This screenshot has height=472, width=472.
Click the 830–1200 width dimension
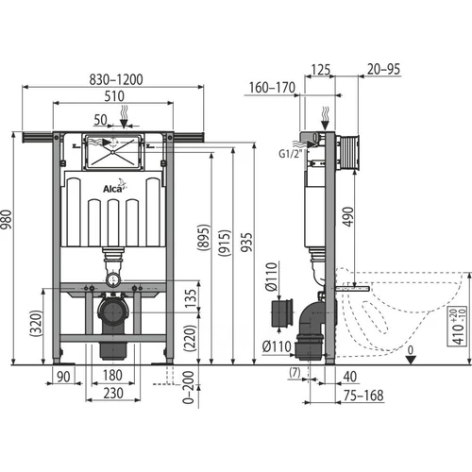116,79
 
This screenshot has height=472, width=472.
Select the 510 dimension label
114,96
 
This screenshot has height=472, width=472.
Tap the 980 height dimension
7,220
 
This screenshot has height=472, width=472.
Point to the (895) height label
204,238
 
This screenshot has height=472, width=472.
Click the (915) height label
225,243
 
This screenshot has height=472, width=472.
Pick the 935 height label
246,243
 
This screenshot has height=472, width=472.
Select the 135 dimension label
191,299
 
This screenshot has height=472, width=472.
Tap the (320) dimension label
36,323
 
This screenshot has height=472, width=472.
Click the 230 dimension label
113,394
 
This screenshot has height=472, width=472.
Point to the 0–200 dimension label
188,387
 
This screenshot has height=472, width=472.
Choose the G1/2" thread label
290,154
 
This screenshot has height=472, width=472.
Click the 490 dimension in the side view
348,216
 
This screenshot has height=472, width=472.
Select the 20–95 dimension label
383,69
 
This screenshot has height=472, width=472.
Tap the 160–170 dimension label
272,88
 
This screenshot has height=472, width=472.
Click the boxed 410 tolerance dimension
457,326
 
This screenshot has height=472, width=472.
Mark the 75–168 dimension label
363,396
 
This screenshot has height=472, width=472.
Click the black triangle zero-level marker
411,360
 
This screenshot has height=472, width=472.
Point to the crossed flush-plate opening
112,152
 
